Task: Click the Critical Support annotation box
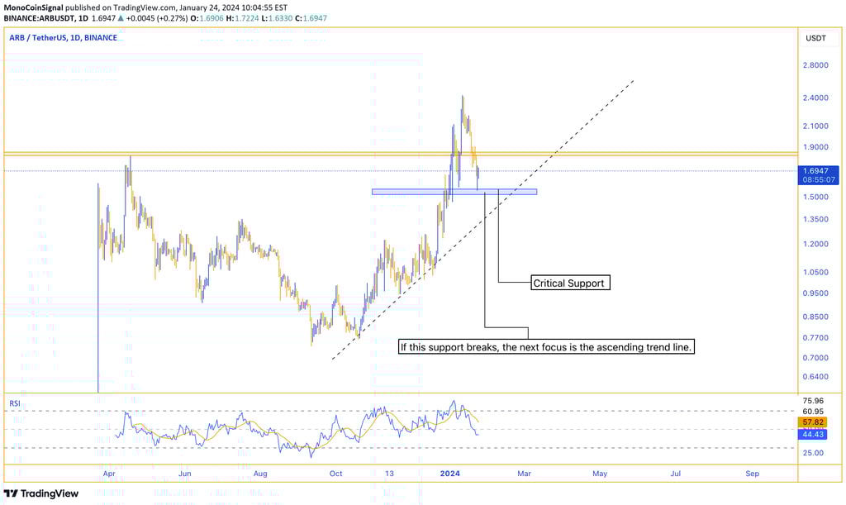pyautogui.click(x=569, y=283)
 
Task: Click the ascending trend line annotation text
pyautogui.click(x=546, y=347)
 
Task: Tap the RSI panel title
pyautogui.click(x=14, y=403)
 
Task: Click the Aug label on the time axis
pyautogui.click(x=260, y=474)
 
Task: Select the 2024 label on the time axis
pyautogui.click(x=449, y=474)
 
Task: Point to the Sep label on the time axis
pyautogui.click(x=752, y=474)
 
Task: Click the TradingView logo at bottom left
pyautogui.click(x=41, y=493)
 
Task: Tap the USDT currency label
pyautogui.click(x=815, y=38)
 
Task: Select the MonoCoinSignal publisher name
pyautogui.click(x=35, y=6)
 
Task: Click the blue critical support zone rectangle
pyautogui.click(x=454, y=192)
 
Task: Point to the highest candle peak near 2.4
pyautogui.click(x=463, y=97)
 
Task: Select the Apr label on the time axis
pyautogui.click(x=109, y=474)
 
